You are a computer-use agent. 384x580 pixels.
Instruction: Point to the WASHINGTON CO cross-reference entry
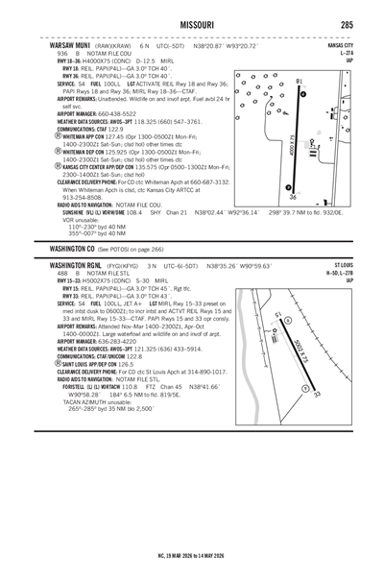point(75,220)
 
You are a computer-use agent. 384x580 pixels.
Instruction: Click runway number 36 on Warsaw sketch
point(293,197)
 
